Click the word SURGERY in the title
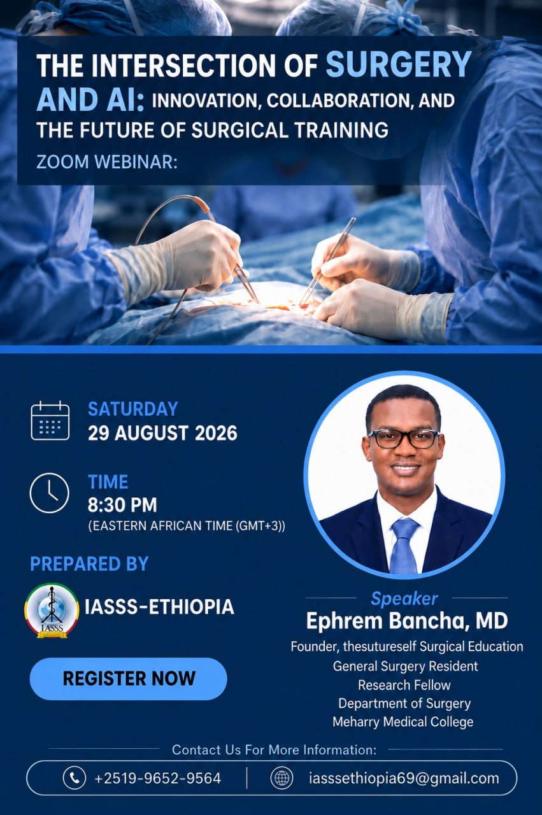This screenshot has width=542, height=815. (399, 64)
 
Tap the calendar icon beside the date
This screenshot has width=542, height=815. (50, 420)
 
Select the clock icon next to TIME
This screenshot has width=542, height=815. (49, 493)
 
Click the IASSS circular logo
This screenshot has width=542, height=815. (52, 611)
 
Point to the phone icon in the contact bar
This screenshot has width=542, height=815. (75, 778)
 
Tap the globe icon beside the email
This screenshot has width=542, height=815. (282, 778)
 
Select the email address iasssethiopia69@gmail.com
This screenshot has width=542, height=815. (404, 778)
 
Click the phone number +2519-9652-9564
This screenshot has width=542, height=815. (157, 778)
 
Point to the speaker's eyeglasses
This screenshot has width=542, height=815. (404, 439)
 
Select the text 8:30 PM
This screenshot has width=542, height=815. (122, 505)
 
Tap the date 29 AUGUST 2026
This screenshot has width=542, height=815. (162, 433)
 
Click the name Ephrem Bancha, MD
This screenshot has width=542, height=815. (407, 621)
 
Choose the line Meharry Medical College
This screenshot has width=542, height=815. (403, 722)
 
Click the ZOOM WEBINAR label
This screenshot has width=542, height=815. (106, 162)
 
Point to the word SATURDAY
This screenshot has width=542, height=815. (133, 409)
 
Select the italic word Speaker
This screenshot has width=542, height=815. (404, 599)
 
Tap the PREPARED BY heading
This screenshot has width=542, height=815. (89, 563)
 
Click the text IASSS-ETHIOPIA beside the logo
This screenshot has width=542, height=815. (159, 607)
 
